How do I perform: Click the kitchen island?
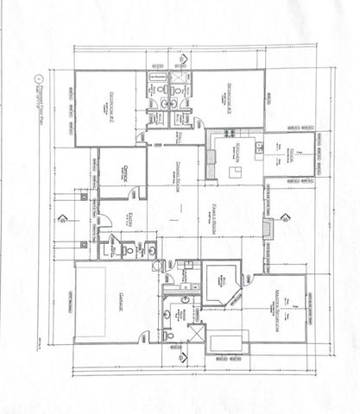click(232, 172)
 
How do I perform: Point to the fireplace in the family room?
click(269, 227)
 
